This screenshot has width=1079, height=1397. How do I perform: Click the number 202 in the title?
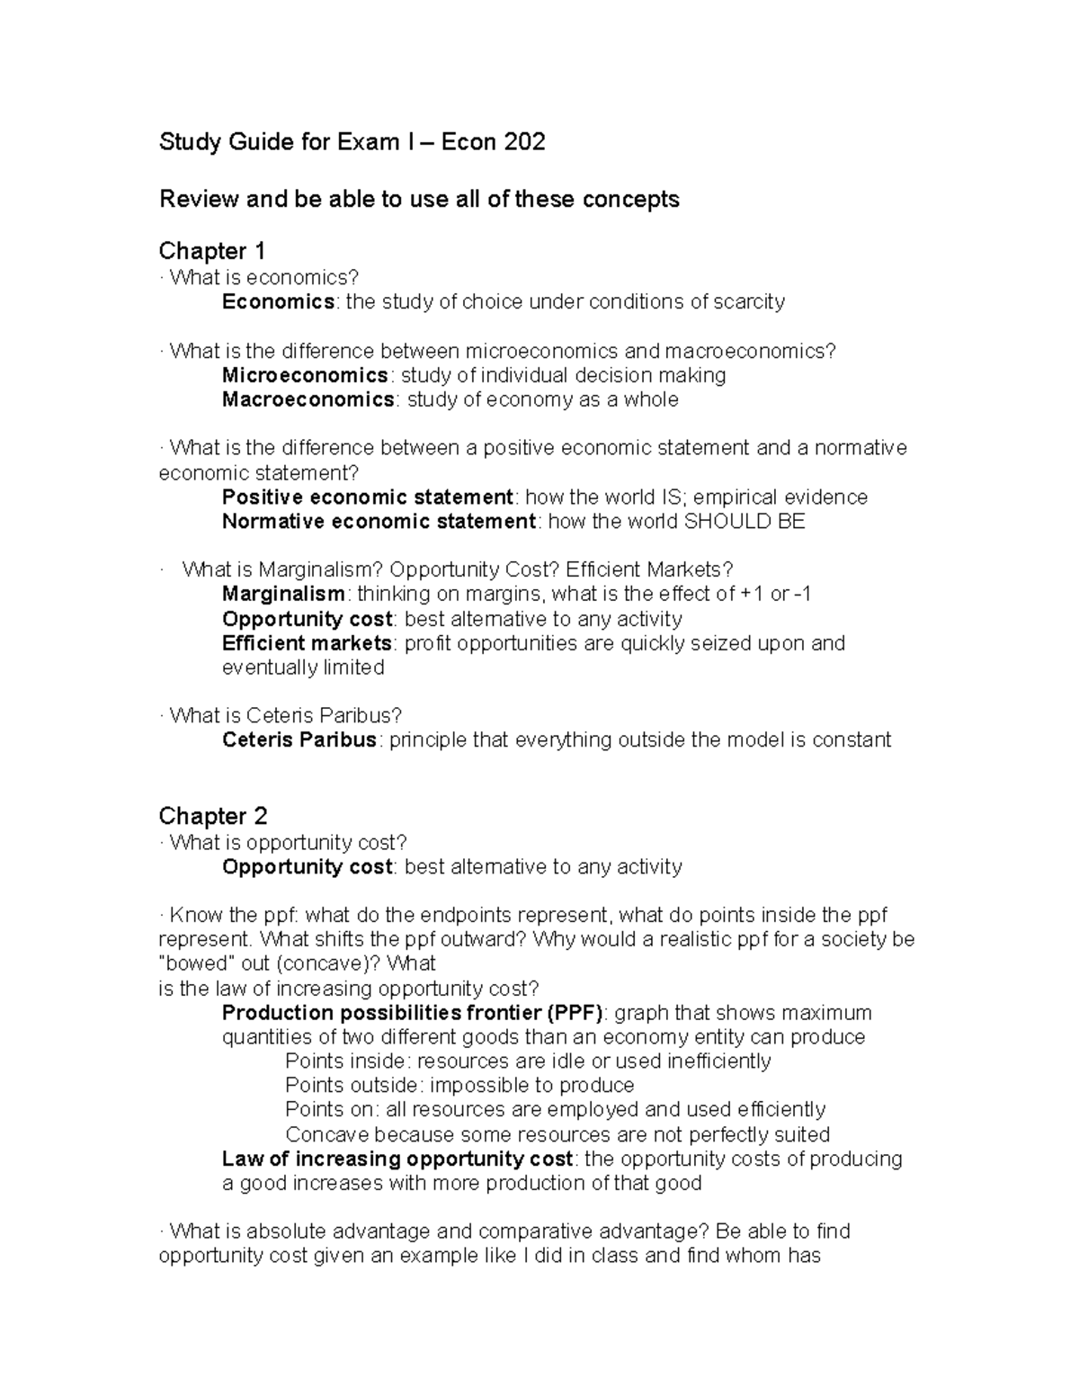[x=524, y=142]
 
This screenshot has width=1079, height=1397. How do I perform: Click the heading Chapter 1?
[x=211, y=250]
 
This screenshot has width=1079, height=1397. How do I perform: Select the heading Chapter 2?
[x=212, y=816]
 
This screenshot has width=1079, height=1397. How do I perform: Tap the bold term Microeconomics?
[x=305, y=375]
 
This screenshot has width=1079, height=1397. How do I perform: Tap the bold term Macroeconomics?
[x=308, y=399]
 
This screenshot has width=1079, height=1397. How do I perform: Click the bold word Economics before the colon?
[x=278, y=301]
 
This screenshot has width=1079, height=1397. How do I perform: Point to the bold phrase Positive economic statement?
[x=367, y=497]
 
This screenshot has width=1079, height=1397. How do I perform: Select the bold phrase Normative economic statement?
[x=378, y=522]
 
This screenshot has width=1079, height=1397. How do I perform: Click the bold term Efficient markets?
[x=307, y=643]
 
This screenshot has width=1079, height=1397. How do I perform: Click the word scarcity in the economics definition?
[x=750, y=301]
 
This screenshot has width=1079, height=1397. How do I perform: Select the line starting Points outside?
[x=459, y=1085]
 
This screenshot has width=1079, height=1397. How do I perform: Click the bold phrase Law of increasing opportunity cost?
[x=397, y=1159]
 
